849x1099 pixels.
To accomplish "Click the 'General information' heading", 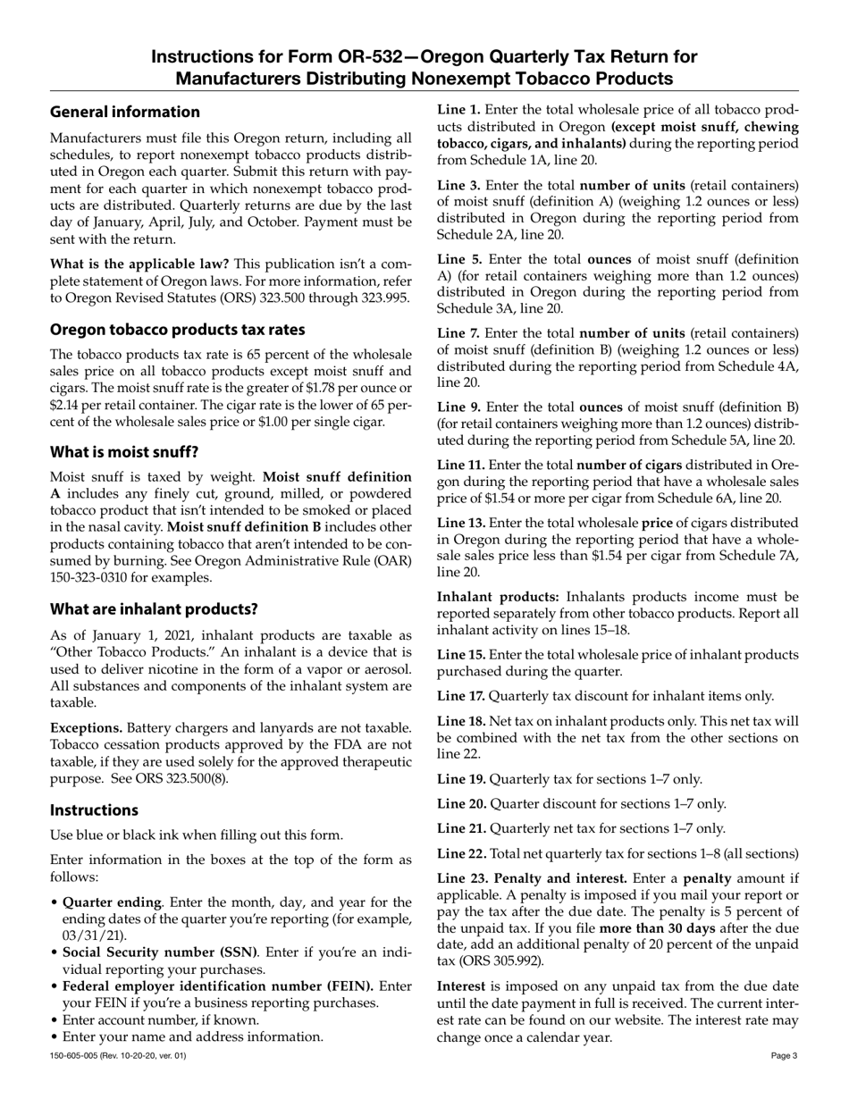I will point(124,112).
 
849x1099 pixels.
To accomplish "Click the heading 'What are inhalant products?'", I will point(154,609).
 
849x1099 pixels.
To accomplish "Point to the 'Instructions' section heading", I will point(94,810).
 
